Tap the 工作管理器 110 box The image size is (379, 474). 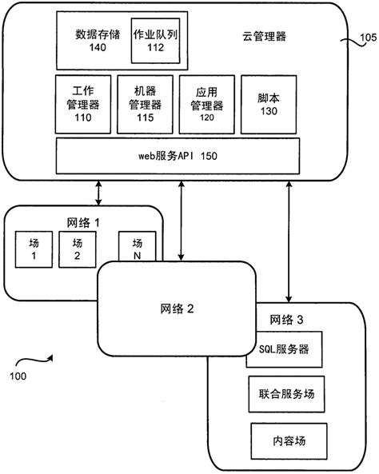[x=83, y=103]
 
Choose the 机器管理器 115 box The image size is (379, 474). [x=146, y=103]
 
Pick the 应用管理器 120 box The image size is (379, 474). [x=207, y=103]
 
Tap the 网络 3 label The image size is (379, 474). [x=287, y=320]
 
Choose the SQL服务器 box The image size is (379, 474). [x=285, y=351]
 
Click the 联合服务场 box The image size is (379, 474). [x=285, y=394]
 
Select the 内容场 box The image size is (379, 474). [x=289, y=439]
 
